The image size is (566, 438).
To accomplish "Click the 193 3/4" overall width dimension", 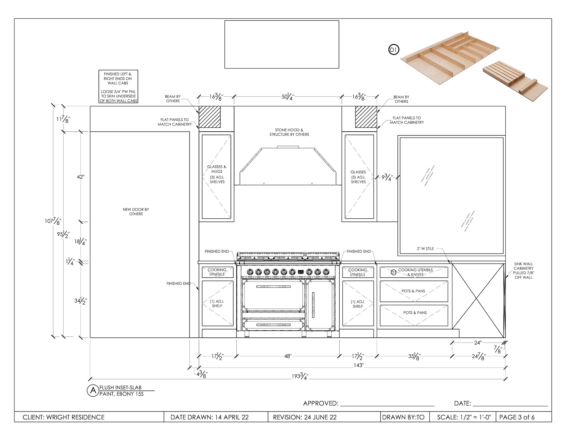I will [300, 376].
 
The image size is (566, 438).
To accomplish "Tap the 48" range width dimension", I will [288, 357].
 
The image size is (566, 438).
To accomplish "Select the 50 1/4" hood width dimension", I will [288, 97].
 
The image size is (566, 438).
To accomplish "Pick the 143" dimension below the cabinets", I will [358, 365].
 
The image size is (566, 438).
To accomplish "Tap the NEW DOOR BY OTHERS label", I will [136, 212].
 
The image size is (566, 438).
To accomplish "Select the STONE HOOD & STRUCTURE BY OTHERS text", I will [289, 132].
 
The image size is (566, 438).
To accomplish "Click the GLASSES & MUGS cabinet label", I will [217, 169].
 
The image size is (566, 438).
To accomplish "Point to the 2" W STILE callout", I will [425, 249].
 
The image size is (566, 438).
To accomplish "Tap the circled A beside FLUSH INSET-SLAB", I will [93, 390].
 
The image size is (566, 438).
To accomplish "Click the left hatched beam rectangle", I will [210, 117].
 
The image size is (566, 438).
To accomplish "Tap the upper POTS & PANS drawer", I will [414, 291].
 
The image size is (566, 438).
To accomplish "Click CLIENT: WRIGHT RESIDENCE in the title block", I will [64, 417].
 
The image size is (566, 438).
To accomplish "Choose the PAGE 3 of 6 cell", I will [517, 417].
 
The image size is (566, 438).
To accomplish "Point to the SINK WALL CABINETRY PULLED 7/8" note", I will [523, 271].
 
